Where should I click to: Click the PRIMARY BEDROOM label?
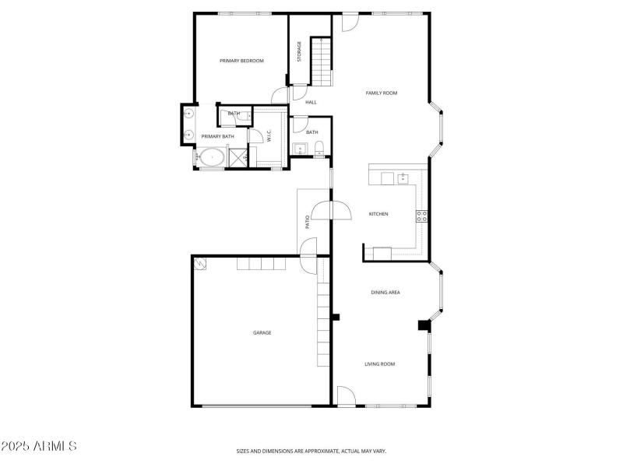pos(241,61)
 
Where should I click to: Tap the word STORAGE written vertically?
pos(299,52)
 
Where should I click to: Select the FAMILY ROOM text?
pos(382,93)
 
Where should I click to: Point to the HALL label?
pos(311,102)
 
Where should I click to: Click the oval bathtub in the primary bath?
pos(210,159)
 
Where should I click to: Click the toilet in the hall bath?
pos(319,148)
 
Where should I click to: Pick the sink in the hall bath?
pos(300,149)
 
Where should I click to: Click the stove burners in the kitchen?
pos(421,216)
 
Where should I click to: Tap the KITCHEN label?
pos(378,214)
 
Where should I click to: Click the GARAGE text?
pos(262,332)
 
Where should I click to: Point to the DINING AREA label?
pos(385,293)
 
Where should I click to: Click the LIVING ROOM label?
pos(380,363)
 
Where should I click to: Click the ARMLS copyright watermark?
pos(39,447)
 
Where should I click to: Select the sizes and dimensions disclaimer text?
pos(311,451)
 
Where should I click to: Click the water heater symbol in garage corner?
pos(201,264)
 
